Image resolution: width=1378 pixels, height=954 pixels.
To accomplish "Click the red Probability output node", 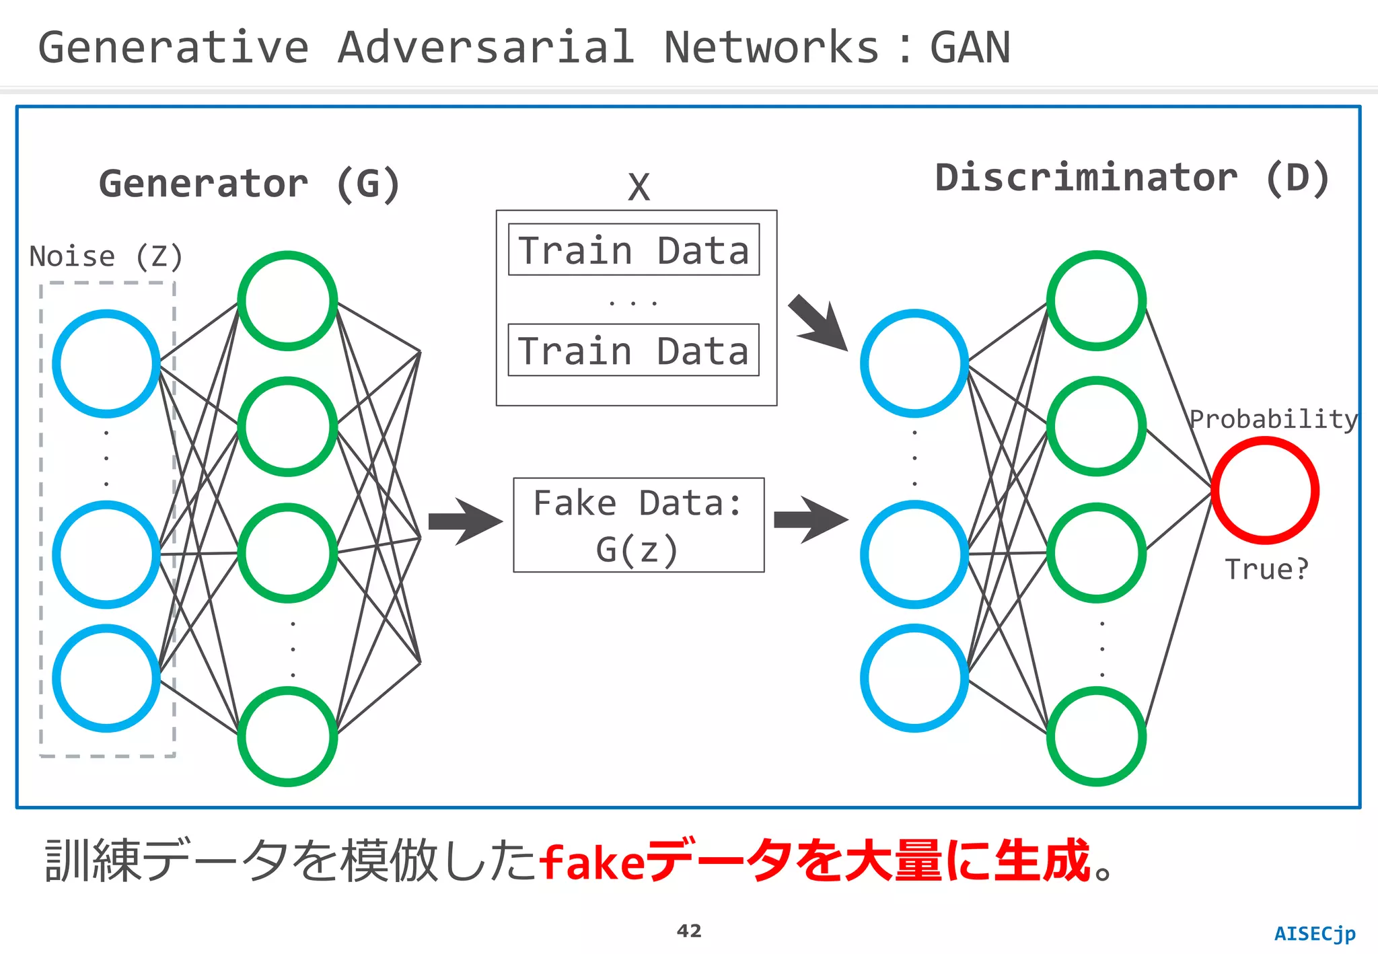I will tap(1265, 490).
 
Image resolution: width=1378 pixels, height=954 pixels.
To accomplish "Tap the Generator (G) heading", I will tap(250, 184).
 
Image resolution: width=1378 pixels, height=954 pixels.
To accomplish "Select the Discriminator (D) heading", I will tap(1132, 178).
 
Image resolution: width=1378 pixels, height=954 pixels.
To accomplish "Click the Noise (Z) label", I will tap(106, 257).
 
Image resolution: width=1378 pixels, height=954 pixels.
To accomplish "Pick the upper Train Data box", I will tap(634, 250).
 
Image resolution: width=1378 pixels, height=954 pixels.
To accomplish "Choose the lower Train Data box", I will tap(634, 351).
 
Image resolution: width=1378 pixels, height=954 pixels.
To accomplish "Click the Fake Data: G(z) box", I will tap(639, 525).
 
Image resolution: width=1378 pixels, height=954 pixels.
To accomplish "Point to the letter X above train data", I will tap(639, 187).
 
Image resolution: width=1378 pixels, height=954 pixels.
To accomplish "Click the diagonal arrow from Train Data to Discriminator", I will tap(818, 324).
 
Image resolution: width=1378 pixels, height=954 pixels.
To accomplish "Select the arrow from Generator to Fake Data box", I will tap(465, 521).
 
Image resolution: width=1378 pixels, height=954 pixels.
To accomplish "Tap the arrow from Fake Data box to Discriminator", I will tap(811, 520).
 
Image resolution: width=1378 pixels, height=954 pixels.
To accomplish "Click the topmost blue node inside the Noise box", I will tap(106, 363).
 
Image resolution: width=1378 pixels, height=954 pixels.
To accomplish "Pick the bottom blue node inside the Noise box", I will tap(106, 678).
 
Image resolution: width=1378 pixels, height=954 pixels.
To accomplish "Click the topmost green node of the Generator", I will tap(287, 301).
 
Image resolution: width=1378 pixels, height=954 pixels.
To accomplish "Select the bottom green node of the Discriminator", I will tap(1096, 736).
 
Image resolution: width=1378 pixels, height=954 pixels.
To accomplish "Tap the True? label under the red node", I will tap(1266, 570).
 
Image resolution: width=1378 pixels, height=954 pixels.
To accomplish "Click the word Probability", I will tap(1273, 419).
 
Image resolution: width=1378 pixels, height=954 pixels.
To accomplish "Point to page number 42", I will tap(689, 931).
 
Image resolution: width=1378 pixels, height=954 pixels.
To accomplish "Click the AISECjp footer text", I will tap(1315, 934).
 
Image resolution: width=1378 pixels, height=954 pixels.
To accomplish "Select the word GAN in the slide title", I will tap(970, 48).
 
